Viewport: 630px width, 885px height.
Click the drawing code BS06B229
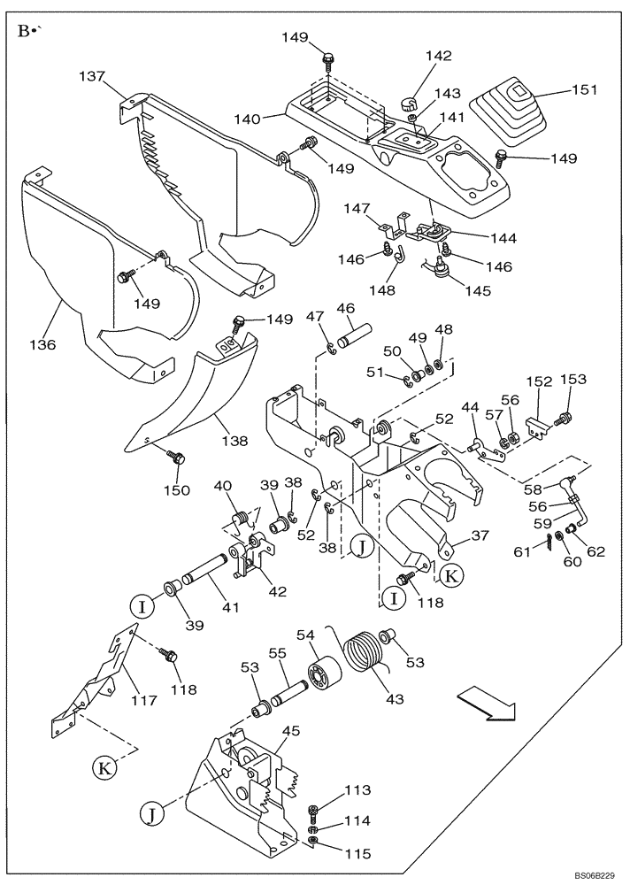[594, 873]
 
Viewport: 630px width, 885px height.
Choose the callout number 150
[179, 489]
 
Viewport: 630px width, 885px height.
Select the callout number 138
[234, 440]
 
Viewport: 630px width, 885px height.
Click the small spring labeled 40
[238, 514]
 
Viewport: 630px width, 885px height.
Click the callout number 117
[145, 700]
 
